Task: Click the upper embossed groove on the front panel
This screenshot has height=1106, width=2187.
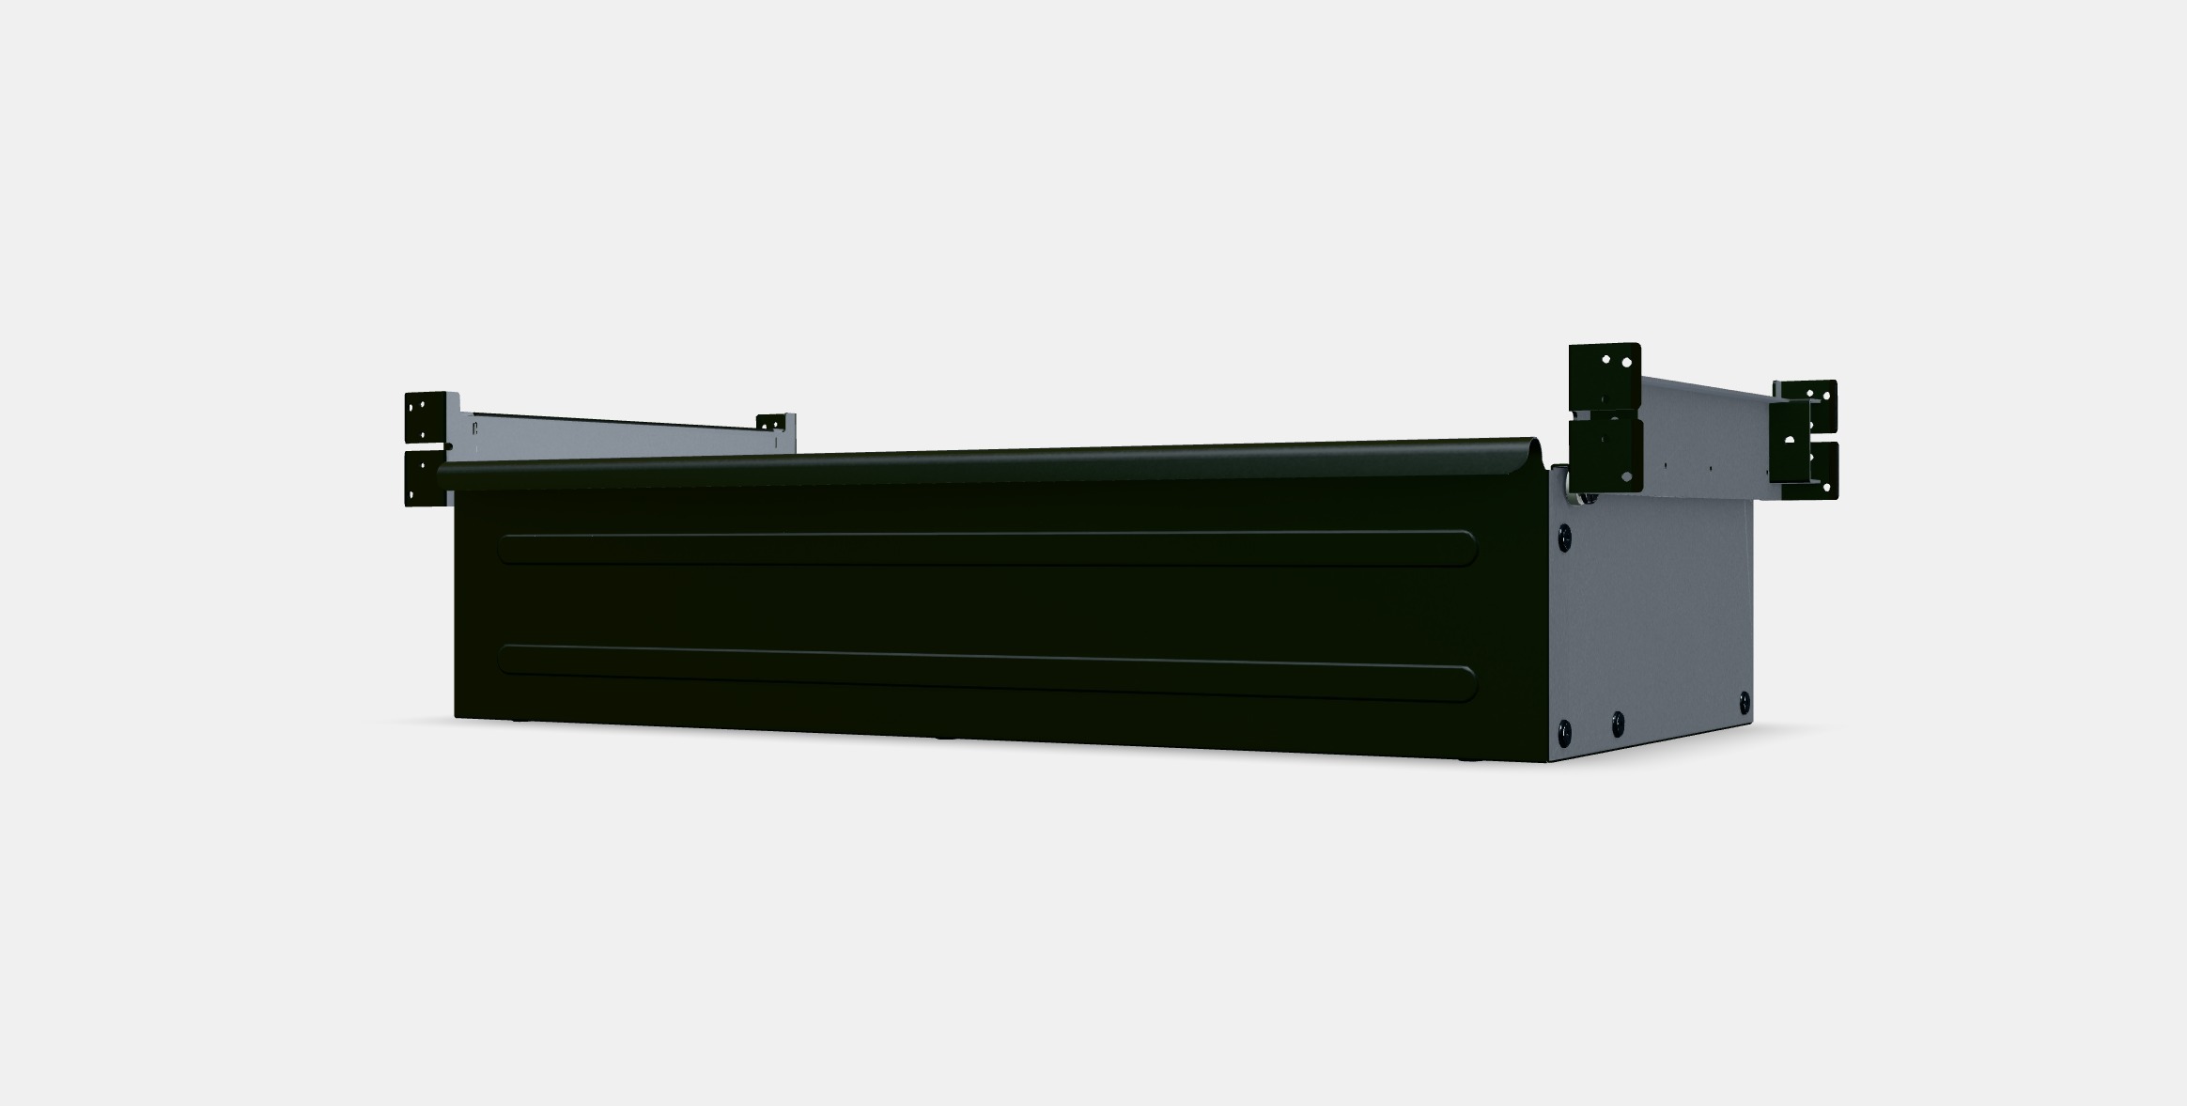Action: click(986, 548)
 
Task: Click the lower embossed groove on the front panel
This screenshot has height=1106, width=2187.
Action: click(986, 671)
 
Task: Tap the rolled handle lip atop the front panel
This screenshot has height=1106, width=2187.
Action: click(986, 461)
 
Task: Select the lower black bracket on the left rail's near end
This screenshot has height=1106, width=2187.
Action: click(426, 478)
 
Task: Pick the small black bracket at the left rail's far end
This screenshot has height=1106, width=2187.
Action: click(773, 423)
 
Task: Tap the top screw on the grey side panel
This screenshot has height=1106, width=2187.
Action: click(1564, 537)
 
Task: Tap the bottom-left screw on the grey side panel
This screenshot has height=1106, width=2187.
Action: click(1564, 728)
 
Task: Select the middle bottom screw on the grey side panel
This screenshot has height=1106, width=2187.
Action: click(1618, 723)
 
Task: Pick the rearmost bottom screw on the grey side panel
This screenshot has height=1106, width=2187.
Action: click(1745, 700)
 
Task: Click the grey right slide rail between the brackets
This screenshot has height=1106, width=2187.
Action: click(1705, 432)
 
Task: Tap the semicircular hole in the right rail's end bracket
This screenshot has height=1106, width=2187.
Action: click(1790, 438)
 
